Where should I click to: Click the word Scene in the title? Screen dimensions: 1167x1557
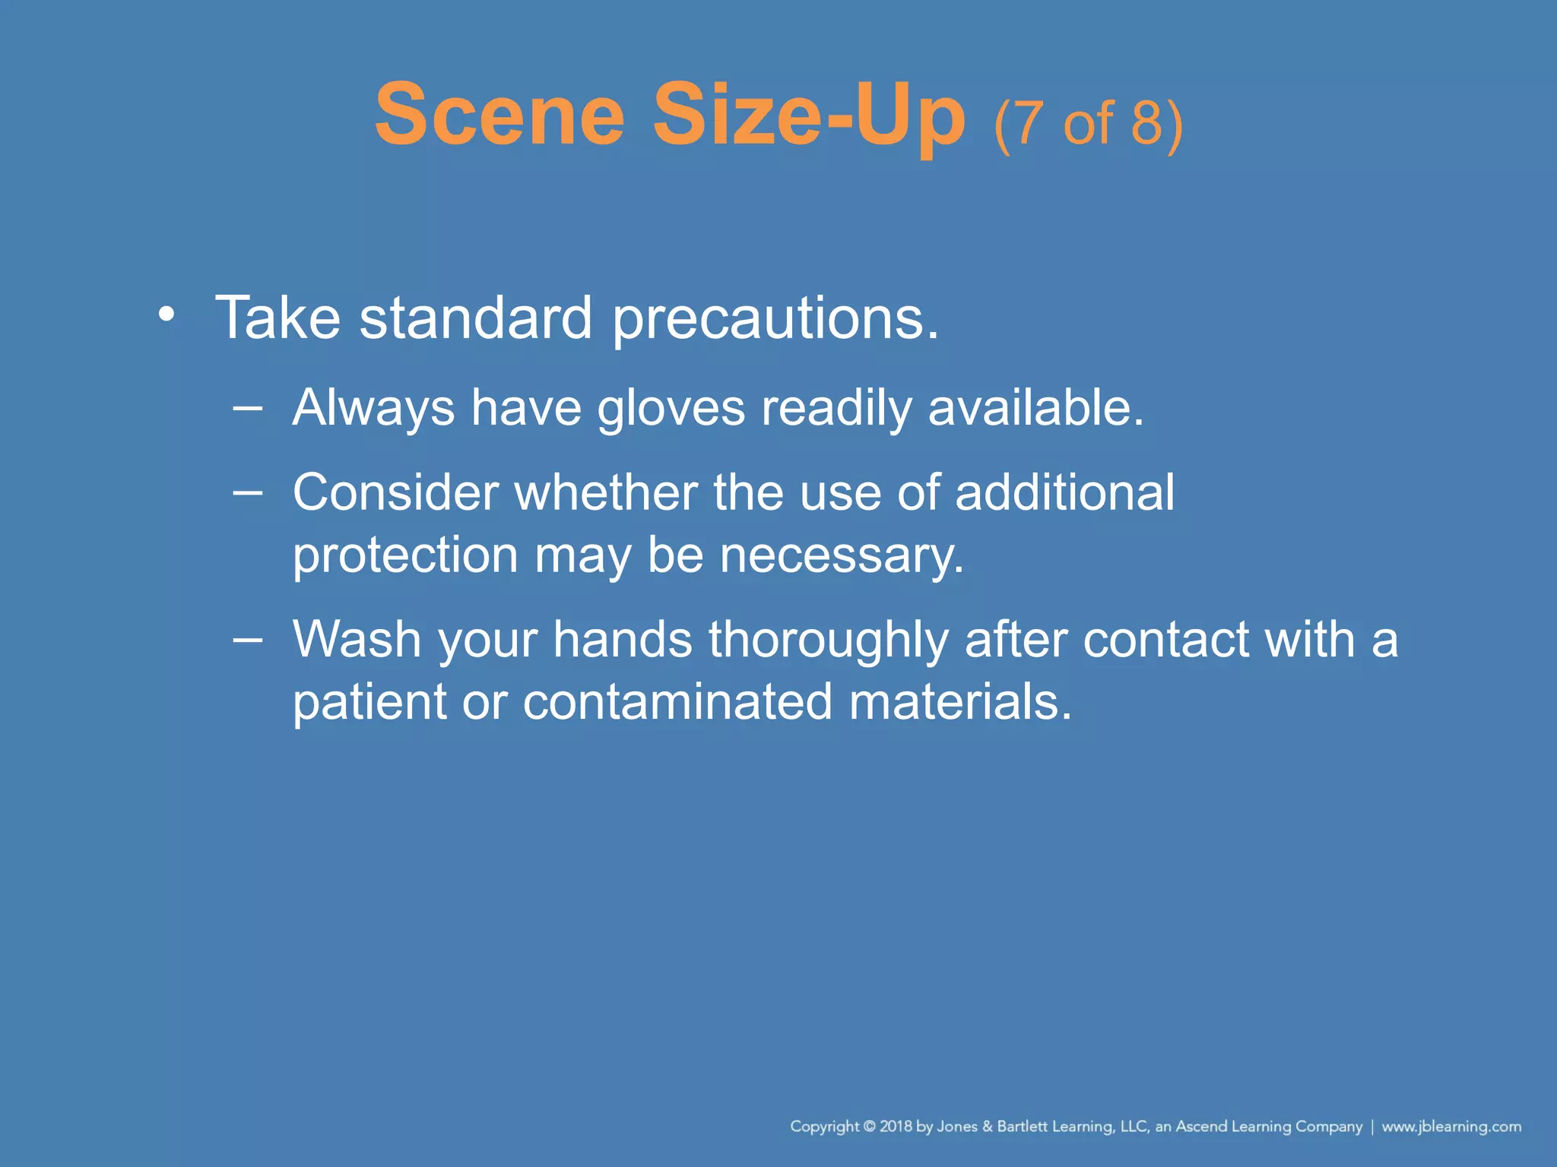pyautogui.click(x=499, y=116)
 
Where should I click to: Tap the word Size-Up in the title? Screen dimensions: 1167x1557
pyautogui.click(x=809, y=116)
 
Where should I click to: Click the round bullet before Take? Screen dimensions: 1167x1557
pyautogui.click(x=166, y=314)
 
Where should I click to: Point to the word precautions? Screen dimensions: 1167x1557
pyautogui.click(x=775, y=319)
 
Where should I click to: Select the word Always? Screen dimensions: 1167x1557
pyautogui.click(x=373, y=409)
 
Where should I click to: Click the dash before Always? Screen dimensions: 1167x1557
pyautogui.click(x=248, y=408)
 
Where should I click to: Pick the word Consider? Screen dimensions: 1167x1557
pyautogui.click(x=395, y=492)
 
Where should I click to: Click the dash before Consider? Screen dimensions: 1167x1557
pyautogui.click(x=248, y=492)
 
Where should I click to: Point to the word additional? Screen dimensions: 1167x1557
pyautogui.click(x=1064, y=492)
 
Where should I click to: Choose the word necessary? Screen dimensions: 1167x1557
pyautogui.click(x=842, y=556)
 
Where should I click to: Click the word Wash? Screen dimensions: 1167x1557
pyautogui.click(x=357, y=639)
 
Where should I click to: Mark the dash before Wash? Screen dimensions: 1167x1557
pyautogui.click(x=248, y=639)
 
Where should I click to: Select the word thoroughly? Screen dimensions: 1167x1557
pyautogui.click(x=829, y=640)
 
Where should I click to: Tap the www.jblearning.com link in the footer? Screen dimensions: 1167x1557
pyautogui.click(x=1451, y=1127)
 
